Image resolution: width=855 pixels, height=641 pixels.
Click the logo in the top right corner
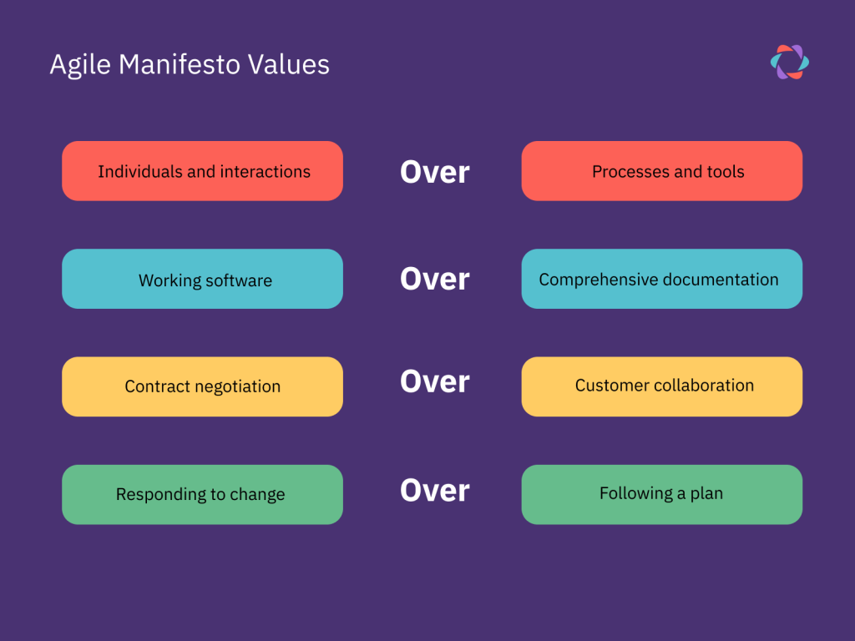[x=790, y=62]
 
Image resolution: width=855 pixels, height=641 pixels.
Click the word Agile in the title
[x=80, y=65]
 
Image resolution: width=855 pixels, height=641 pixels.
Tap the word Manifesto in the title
[x=180, y=64]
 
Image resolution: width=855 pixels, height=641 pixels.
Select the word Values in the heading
[x=288, y=64]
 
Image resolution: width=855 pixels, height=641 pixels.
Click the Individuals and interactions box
[x=202, y=171]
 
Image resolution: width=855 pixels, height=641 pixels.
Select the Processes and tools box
[x=662, y=171]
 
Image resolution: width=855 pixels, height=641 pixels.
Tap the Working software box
[x=202, y=279]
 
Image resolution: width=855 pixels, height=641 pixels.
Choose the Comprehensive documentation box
[x=662, y=279]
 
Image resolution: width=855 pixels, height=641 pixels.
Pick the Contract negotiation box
[x=202, y=387]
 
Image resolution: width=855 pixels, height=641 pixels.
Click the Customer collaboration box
[x=662, y=387]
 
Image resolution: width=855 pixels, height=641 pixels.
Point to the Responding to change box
[x=202, y=495]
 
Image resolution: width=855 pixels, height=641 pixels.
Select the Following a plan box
[x=662, y=495]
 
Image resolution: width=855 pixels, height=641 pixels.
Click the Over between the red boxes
[x=434, y=172]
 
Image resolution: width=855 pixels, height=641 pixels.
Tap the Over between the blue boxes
[x=434, y=279]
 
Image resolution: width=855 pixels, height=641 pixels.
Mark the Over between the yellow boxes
[x=434, y=381]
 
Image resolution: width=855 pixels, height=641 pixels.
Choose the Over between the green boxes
[x=434, y=491]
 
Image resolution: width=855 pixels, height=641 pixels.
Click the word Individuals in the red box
[x=140, y=172]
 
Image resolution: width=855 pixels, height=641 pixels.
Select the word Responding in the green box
[x=160, y=495]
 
